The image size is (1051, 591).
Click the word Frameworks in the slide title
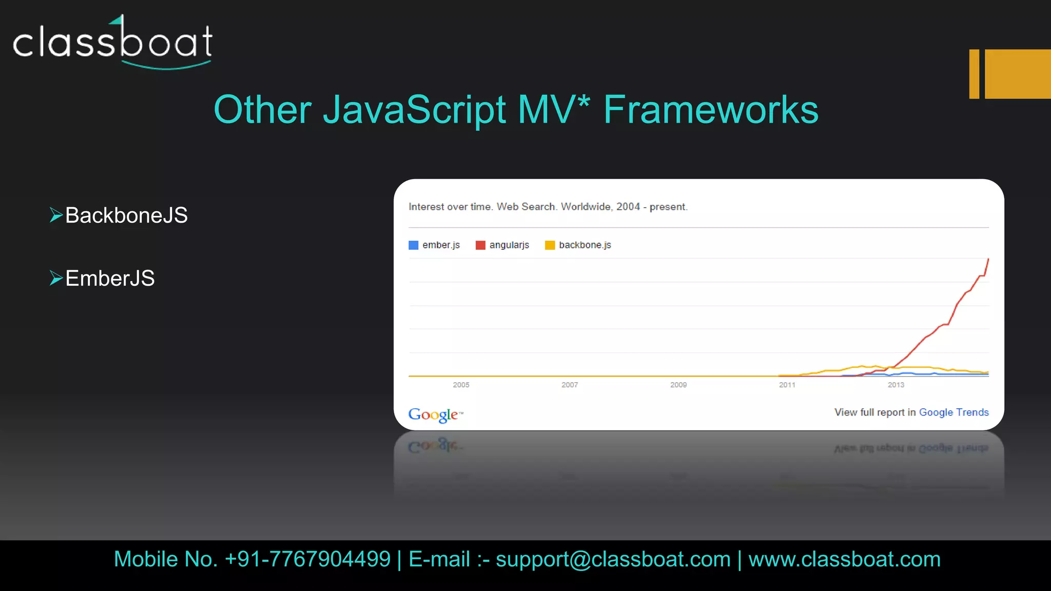711,110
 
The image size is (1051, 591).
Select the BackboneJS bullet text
126,215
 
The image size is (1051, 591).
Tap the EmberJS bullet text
110,279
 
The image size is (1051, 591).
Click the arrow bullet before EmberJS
55,278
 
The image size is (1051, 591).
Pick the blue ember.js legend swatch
413,245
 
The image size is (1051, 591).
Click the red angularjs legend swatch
480,245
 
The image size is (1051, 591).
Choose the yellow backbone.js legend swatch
550,245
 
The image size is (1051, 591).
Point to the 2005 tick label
461,385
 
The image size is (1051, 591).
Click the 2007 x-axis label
570,385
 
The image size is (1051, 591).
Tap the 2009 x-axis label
678,385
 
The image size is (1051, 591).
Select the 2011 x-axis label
787,385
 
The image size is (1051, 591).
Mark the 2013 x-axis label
896,385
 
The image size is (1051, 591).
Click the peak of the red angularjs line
988,260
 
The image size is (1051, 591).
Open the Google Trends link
953,412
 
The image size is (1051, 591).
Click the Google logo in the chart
434,415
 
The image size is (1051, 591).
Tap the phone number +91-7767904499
307,559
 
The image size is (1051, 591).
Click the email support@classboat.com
613,559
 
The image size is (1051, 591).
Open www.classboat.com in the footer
844,559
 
